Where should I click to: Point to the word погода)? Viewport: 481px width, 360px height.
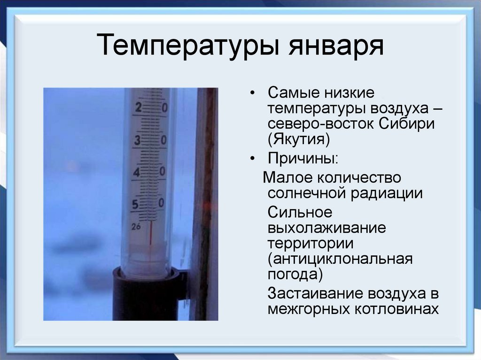295,275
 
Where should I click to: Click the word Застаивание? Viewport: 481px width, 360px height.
315,293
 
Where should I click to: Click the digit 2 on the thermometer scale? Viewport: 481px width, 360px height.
138,107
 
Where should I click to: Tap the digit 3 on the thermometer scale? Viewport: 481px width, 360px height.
138,140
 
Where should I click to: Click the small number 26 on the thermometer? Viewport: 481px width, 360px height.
136,226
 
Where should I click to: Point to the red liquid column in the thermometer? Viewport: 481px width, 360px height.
151,232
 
